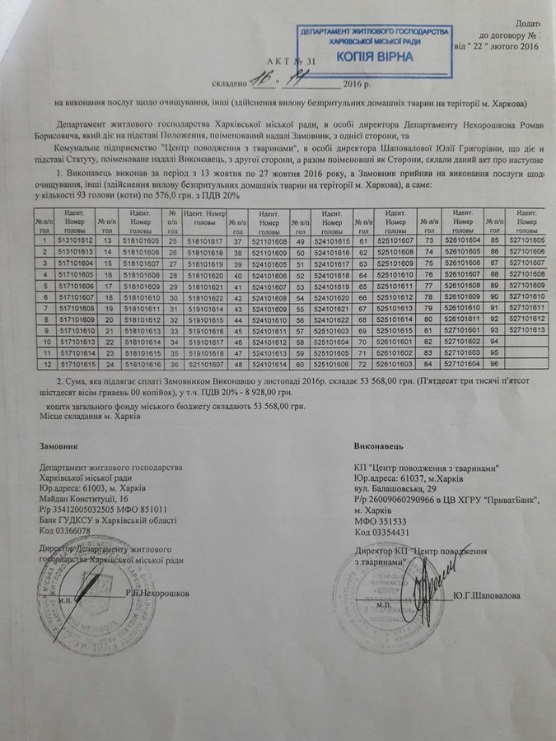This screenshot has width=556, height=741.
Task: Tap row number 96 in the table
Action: [x=493, y=363]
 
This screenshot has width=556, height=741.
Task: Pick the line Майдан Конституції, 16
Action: [x=84, y=499]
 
